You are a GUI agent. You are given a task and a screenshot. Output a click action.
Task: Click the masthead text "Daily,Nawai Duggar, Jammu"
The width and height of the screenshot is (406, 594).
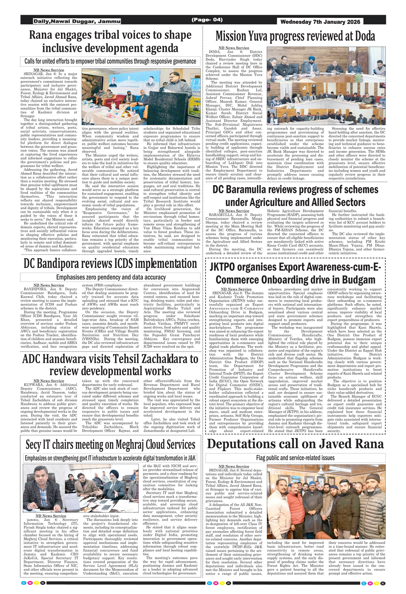(x=77, y=21)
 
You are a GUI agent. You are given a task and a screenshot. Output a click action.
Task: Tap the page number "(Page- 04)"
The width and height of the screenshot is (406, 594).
(x=207, y=19)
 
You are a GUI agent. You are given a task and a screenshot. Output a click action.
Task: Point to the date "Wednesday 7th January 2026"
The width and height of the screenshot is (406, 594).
(x=320, y=22)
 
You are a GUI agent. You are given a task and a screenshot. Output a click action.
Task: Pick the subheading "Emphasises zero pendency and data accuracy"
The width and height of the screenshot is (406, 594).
(x=111, y=277)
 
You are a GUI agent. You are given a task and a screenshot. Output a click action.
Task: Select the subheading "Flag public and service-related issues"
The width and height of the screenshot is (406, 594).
(x=295, y=458)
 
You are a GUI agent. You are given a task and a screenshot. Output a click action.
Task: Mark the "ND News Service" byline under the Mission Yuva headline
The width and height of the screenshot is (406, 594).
(x=234, y=48)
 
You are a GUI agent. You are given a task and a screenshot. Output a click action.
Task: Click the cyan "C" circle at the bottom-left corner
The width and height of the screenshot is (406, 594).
(x=24, y=583)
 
